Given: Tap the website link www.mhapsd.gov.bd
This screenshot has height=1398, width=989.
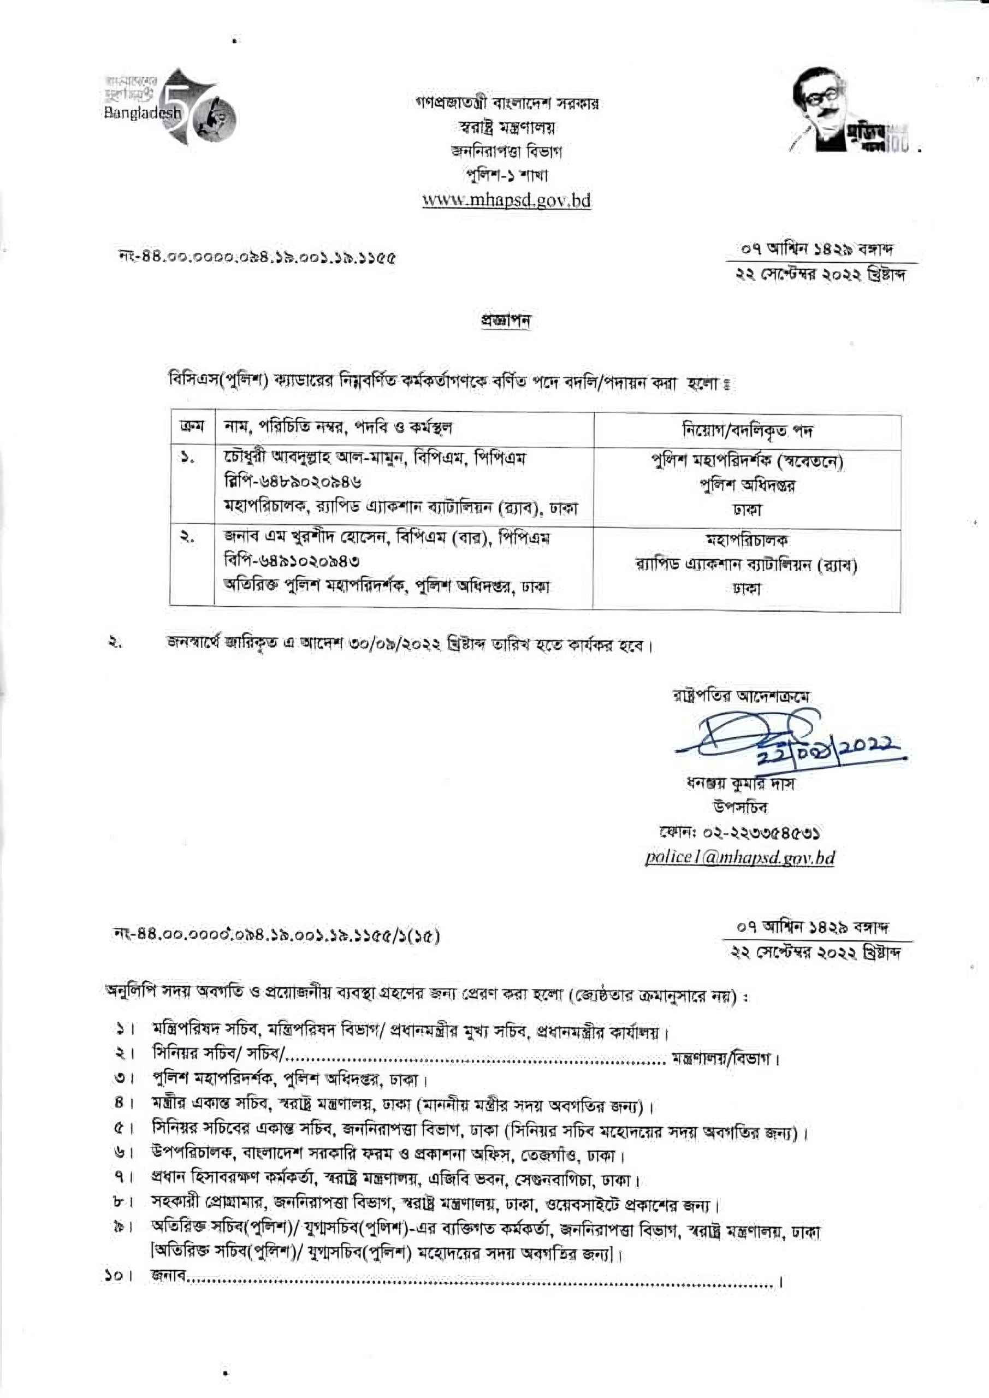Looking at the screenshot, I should coord(506,200).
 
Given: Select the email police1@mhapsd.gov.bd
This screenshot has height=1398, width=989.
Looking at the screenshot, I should coord(739,858).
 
